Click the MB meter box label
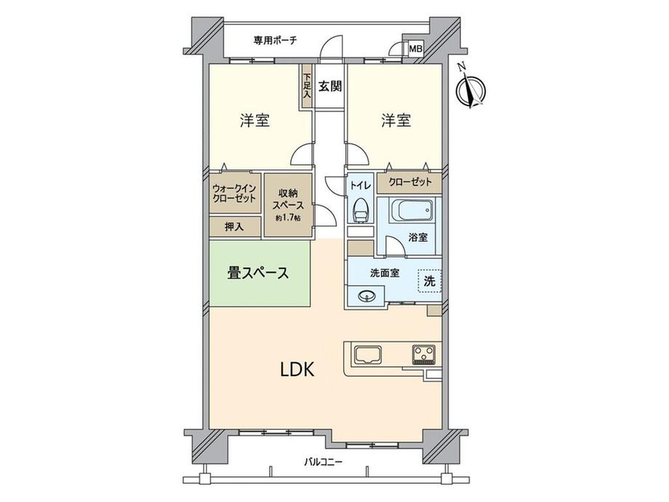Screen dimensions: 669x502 [415, 49]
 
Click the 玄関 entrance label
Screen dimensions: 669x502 [330, 87]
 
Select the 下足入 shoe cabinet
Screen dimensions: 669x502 [307, 87]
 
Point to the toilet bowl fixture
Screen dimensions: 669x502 [361, 209]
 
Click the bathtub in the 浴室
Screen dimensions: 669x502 [412, 210]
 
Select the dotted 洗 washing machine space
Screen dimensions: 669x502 [430, 281]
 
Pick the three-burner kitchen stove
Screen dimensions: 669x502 [424, 354]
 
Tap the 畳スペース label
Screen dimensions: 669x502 [257, 273]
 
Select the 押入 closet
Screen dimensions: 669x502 [235, 227]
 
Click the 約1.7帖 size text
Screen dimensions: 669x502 [288, 218]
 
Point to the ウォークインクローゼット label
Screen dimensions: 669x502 [234, 193]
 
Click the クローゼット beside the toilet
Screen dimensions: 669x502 [409, 182]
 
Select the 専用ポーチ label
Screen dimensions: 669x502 [275, 41]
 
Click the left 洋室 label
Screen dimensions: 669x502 [255, 120]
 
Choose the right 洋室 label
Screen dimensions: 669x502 [396, 120]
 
